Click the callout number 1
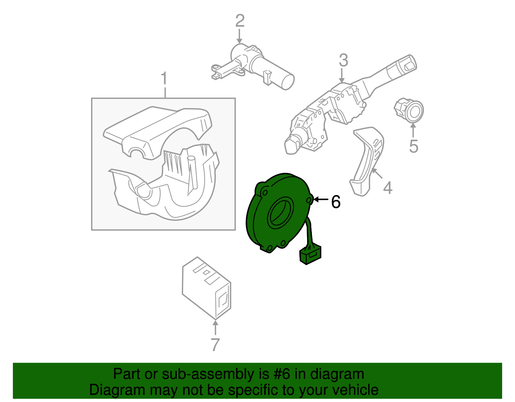click(164, 79)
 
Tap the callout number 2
click(240, 21)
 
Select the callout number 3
click(343, 61)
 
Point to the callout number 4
click(388, 188)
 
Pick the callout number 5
click(414, 146)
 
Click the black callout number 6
click(336, 202)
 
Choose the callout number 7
click(215, 345)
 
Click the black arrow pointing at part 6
click(320, 200)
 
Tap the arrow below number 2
click(239, 36)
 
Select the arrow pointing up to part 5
click(413, 130)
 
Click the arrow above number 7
click(215, 327)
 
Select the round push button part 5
click(410, 111)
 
